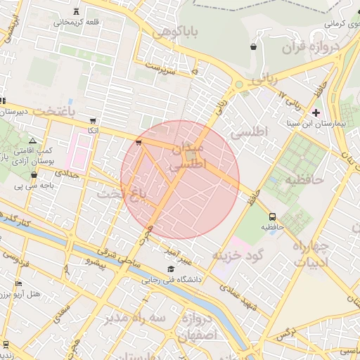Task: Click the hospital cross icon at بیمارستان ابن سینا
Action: (316, 112)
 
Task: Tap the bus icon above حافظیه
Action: (273, 217)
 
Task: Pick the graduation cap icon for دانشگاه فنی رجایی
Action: (171, 269)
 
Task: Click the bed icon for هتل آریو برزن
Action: (18, 283)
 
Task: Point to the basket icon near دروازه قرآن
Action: (252, 47)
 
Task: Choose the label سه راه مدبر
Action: (131, 318)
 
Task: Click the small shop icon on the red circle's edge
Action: (138, 143)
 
